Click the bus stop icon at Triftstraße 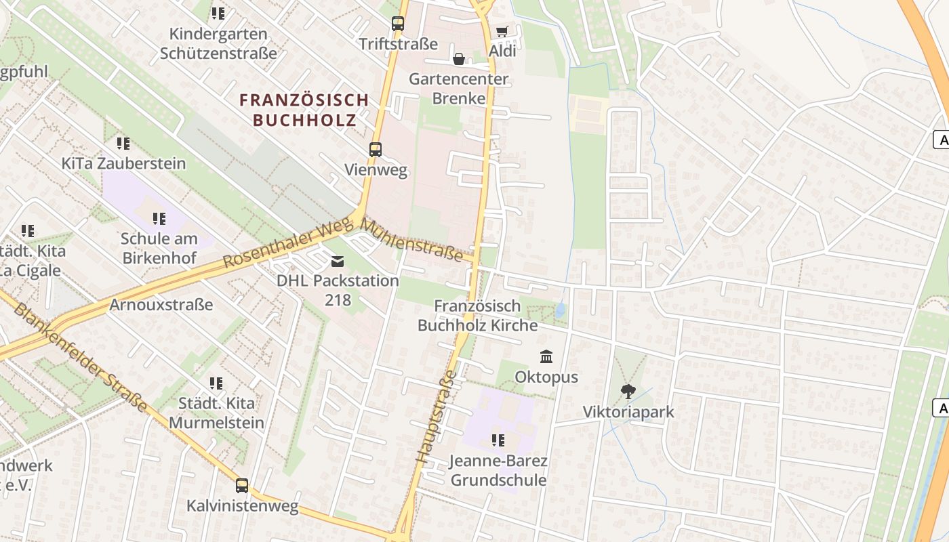tap(398, 23)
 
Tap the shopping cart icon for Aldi tap(502, 31)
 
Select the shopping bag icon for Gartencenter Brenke tap(459, 60)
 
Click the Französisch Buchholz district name tap(304, 110)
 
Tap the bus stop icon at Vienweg tap(376, 149)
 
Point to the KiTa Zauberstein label tap(123, 163)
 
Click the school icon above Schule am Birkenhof tap(159, 218)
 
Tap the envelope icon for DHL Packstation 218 tap(338, 262)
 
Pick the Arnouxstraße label tap(161, 304)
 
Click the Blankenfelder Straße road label tap(80, 358)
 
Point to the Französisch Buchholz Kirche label tap(477, 315)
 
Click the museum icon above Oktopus tap(546, 356)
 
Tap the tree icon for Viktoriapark tap(628, 392)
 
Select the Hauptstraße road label tap(435, 417)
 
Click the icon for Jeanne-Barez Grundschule tap(498, 440)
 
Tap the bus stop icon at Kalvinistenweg tap(242, 486)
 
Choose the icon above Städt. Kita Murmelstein tap(216, 383)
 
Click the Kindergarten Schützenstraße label tap(218, 43)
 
